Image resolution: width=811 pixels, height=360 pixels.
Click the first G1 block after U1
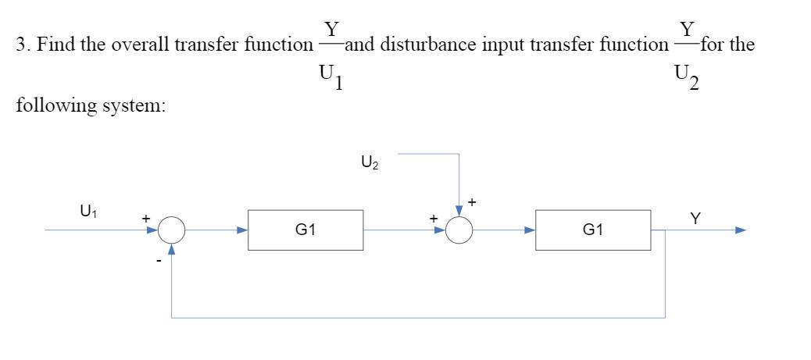point(305,230)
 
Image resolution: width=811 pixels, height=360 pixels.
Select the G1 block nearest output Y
point(592,230)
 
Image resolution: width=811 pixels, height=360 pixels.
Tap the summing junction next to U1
point(172,230)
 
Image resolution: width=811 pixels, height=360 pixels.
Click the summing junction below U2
point(459,230)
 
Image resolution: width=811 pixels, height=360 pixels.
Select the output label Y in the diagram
point(695,220)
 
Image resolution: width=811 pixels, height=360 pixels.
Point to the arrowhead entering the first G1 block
point(242,230)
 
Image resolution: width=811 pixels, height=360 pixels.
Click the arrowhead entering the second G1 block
point(530,230)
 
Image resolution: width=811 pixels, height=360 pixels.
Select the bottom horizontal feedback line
point(418,318)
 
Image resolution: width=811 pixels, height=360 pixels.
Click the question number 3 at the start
point(20,45)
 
